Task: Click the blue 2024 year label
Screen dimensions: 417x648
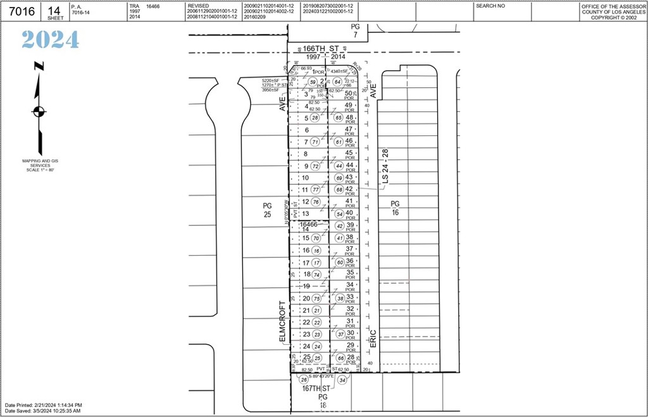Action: click(x=51, y=40)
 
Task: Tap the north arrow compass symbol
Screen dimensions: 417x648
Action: click(x=39, y=111)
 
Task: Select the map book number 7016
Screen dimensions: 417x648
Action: click(x=20, y=11)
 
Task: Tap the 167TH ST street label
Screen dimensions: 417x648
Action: click(x=316, y=387)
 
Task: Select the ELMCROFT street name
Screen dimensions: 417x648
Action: click(x=283, y=322)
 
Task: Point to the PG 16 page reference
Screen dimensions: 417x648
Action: click(x=395, y=208)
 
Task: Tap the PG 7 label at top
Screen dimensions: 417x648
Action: click(x=356, y=30)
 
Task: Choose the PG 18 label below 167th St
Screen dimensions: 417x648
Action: click(x=322, y=401)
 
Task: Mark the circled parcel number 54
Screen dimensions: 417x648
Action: click(x=339, y=214)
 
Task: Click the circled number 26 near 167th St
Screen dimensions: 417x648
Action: click(x=303, y=380)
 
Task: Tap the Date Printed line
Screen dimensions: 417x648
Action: click(x=43, y=405)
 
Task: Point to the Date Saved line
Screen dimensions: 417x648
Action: click(x=42, y=411)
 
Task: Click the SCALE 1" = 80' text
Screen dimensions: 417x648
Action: click(x=40, y=170)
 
